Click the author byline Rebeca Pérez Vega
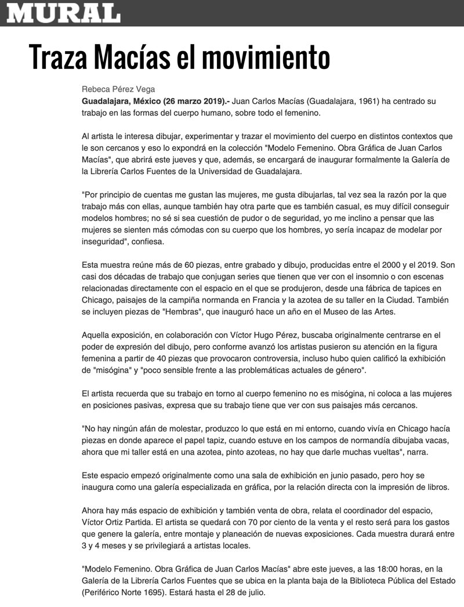click(118, 90)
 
